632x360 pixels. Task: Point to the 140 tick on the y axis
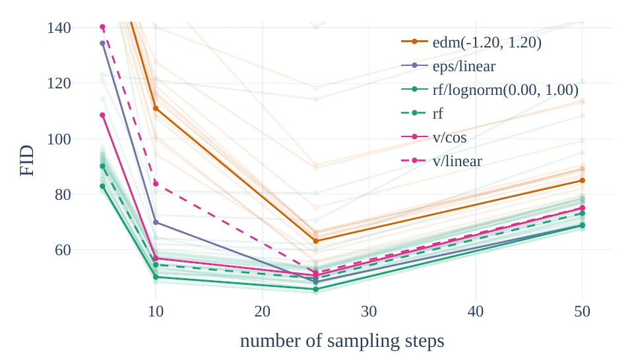pos(59,28)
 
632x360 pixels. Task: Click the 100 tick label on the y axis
pos(59,139)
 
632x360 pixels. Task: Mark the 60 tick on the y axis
pos(63,250)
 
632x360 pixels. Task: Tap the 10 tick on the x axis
pos(156,311)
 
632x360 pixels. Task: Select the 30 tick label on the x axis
pos(369,311)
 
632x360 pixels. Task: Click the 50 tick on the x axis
pos(582,311)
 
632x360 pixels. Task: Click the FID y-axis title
pos(27,160)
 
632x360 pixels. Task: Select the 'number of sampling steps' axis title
pos(342,341)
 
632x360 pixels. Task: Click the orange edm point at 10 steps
pos(156,109)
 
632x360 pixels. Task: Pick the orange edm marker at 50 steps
pos(582,181)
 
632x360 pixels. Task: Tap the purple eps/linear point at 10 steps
pos(156,222)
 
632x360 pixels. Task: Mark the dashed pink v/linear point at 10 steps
pos(156,183)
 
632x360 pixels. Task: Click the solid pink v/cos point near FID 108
pos(102,115)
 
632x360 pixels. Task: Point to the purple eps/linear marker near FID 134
pos(102,43)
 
